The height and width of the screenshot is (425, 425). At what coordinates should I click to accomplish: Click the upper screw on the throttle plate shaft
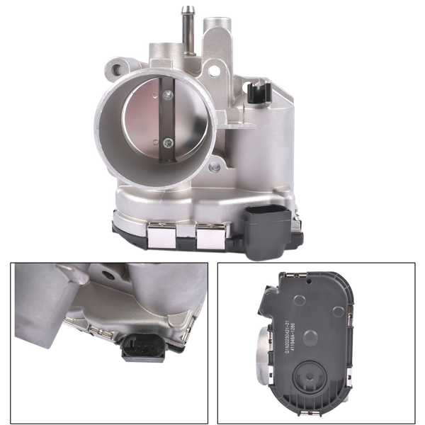[x=169, y=94]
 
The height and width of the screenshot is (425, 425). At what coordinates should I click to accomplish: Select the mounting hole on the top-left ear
[x=112, y=69]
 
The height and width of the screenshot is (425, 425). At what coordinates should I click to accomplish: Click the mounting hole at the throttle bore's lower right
[x=212, y=167]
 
